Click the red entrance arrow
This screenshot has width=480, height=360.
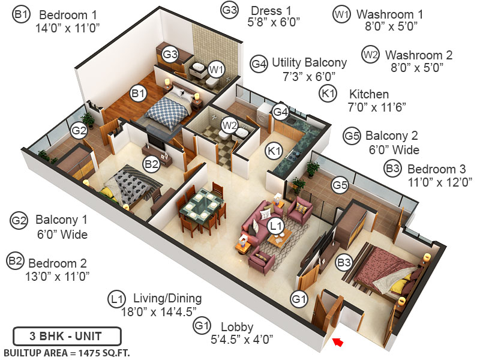coord(338,343)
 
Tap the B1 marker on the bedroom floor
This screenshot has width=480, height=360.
coord(139,94)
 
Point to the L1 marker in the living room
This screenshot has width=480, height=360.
coord(276,226)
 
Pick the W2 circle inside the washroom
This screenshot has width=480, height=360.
coord(229,125)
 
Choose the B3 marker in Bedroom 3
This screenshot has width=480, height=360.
coord(344,262)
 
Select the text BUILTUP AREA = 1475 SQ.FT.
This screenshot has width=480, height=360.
coord(67,352)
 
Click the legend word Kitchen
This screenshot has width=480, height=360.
coord(369,94)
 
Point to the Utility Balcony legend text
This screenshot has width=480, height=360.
coord(309,62)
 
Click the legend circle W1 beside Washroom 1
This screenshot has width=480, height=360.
coord(341,14)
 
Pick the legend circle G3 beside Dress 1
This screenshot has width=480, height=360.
coord(229,11)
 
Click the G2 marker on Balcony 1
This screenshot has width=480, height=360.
coord(79,130)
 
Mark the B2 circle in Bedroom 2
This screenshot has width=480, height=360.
coord(151,162)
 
